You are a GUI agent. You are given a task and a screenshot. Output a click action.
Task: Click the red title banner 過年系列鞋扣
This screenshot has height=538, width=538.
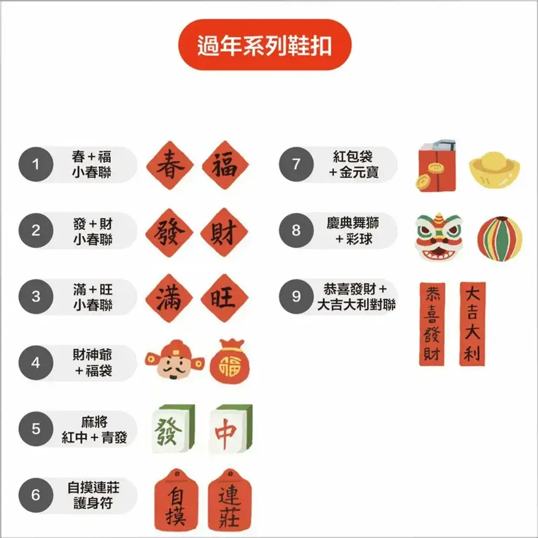pos(265,45)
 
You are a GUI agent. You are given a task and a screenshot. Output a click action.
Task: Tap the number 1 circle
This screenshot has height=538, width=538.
pos(36,164)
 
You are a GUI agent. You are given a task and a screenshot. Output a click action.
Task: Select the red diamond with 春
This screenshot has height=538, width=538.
pos(170,165)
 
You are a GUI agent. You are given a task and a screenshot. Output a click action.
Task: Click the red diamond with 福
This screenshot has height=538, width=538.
pos(225,165)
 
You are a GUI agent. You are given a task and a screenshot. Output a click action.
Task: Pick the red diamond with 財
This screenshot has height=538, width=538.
pos(224,232)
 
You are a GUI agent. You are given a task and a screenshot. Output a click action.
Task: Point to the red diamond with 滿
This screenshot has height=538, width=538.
pos(170,298)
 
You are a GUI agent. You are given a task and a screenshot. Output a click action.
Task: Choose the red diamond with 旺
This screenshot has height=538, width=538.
pos(224,298)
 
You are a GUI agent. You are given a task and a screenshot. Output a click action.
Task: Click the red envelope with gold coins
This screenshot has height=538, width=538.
pos(436,166)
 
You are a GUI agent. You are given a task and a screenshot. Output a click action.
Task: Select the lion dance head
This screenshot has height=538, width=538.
pos(439,237)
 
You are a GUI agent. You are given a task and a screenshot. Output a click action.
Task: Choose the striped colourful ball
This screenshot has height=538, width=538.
pos(500,239)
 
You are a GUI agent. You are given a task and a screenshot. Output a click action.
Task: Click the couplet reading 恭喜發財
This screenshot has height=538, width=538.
pos(432,324)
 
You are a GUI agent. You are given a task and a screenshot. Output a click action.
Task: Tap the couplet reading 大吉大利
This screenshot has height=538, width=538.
pos(472,324)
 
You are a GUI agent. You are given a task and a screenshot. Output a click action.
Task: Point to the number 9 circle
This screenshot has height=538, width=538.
pos(296,296)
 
